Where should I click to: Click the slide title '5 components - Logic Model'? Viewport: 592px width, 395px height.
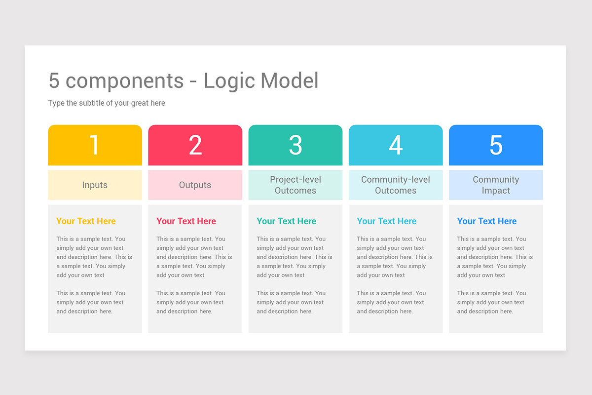click(x=184, y=81)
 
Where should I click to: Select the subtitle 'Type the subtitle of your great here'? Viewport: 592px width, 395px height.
click(x=107, y=103)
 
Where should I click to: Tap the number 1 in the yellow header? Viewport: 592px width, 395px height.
click(x=94, y=145)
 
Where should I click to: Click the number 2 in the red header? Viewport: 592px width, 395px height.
click(x=195, y=145)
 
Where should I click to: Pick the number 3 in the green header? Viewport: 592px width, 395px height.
click(x=296, y=145)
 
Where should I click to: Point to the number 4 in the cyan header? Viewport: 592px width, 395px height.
click(x=396, y=145)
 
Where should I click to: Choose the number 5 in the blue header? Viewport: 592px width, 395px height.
click(x=496, y=145)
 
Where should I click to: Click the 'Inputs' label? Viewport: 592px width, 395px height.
click(x=95, y=185)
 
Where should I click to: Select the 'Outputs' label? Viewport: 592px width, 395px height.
click(x=195, y=185)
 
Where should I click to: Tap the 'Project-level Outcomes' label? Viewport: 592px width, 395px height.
click(x=296, y=185)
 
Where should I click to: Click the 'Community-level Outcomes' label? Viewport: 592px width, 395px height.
click(x=396, y=185)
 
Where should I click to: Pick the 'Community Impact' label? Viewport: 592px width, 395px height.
click(x=496, y=185)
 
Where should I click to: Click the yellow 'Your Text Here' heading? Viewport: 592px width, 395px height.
click(x=86, y=221)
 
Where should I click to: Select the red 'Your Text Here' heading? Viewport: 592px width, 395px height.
click(x=186, y=221)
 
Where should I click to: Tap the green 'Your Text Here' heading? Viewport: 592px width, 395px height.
click(x=286, y=221)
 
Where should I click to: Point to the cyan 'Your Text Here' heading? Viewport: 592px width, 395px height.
click(x=387, y=221)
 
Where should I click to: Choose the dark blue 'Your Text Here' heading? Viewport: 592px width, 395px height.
click(x=487, y=221)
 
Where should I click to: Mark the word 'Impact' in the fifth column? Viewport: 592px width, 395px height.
click(x=496, y=191)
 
